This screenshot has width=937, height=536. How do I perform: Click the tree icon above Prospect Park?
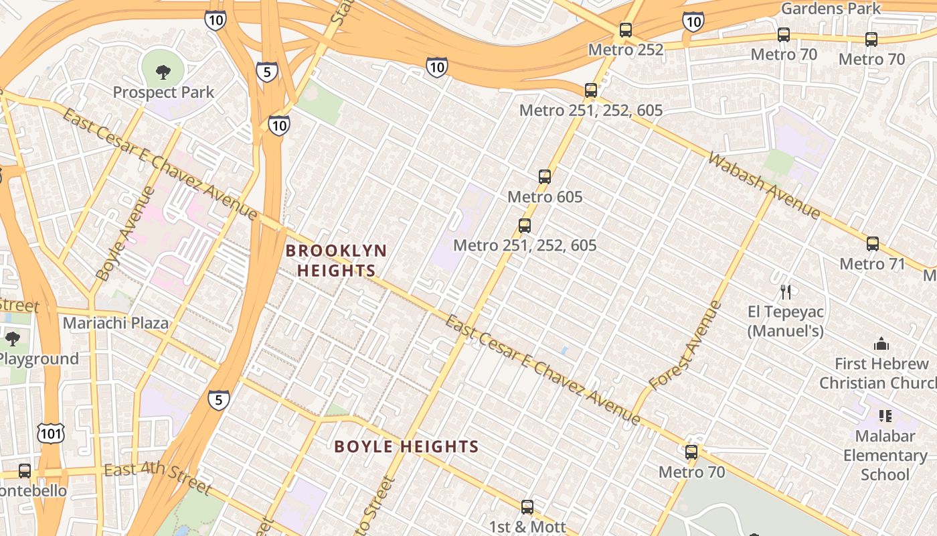pos(163,72)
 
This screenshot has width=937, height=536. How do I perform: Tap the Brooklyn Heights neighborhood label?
pos(336,261)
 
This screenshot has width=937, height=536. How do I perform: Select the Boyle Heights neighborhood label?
pos(406,446)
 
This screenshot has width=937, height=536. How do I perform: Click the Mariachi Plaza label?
pos(116,323)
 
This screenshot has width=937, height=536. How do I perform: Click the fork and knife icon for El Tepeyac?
pos(786,292)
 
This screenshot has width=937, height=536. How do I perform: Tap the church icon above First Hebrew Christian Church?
pos(881,344)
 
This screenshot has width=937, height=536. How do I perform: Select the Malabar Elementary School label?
pos(885,456)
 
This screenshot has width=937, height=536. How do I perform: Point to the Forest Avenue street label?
pos(685,347)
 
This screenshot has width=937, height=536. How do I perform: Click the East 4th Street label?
pos(158,478)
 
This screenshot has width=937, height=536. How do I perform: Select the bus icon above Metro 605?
pos(545,177)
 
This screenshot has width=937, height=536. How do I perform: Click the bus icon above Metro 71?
pos(873,244)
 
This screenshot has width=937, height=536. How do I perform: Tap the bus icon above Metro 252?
pos(626,30)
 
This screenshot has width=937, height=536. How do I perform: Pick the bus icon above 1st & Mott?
pos(527,507)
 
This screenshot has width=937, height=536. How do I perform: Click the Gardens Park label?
pos(831,9)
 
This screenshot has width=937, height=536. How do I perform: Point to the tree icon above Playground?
pos(12,338)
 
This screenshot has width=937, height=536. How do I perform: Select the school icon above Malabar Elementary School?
pos(885,416)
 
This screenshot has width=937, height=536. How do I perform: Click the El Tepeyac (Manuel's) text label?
pos(786,321)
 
